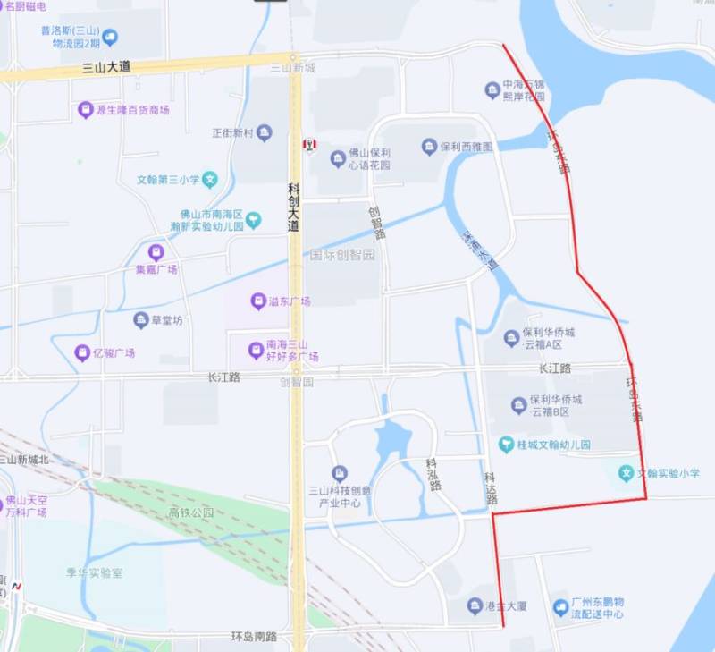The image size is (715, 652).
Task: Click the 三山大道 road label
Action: pyautogui.click(x=106, y=66)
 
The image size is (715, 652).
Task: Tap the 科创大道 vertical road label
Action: pyautogui.click(x=294, y=207)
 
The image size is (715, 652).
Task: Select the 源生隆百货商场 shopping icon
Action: pyautogui.click(x=86, y=110)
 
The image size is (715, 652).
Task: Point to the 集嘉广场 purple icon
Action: pyautogui.click(x=156, y=252)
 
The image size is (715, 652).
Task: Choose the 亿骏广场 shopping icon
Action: pyautogui.click(x=83, y=352)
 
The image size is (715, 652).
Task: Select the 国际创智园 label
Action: pyautogui.click(x=342, y=255)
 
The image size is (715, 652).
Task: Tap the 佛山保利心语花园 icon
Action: pyautogui.click(x=338, y=159)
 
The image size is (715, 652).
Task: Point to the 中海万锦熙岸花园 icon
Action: pyautogui.click(x=492, y=89)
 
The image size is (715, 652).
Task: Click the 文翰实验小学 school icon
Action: pyautogui.click(x=627, y=472)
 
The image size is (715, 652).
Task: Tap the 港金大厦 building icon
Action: pyautogui.click(x=475, y=605)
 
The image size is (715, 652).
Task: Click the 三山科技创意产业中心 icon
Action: pyautogui.click(x=340, y=473)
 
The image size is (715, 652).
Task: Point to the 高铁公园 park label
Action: pyautogui.click(x=191, y=512)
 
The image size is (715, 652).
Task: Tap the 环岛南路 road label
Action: pyautogui.click(x=254, y=637)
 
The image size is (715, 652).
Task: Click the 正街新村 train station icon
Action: pyautogui.click(x=265, y=133)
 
